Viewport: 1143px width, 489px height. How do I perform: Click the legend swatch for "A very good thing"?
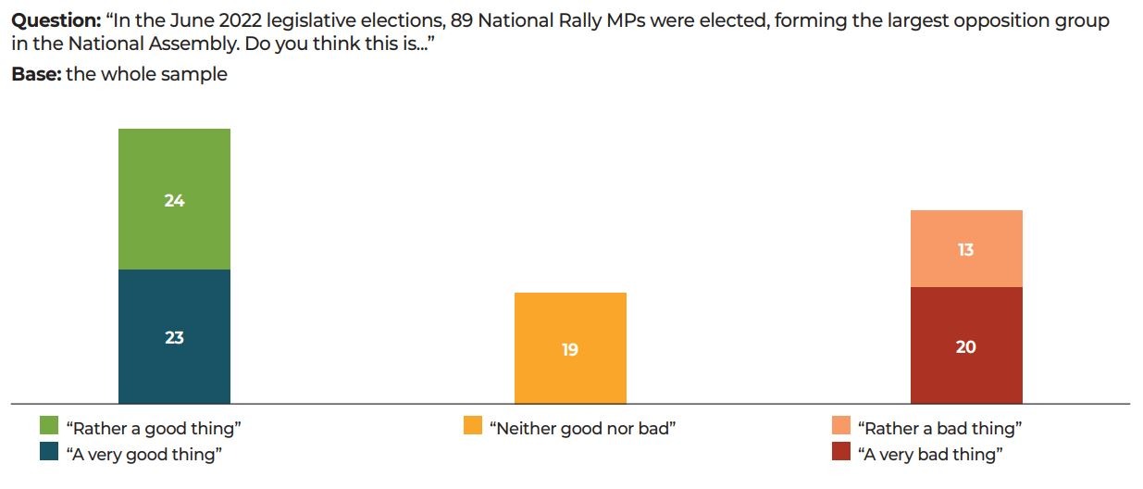coord(49,453)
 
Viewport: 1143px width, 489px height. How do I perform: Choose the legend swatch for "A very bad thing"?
coord(841,453)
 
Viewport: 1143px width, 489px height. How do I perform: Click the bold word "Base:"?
coord(36,74)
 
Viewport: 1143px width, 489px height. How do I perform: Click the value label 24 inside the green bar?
coord(174,200)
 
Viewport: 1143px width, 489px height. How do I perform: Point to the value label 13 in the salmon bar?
coord(965,249)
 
